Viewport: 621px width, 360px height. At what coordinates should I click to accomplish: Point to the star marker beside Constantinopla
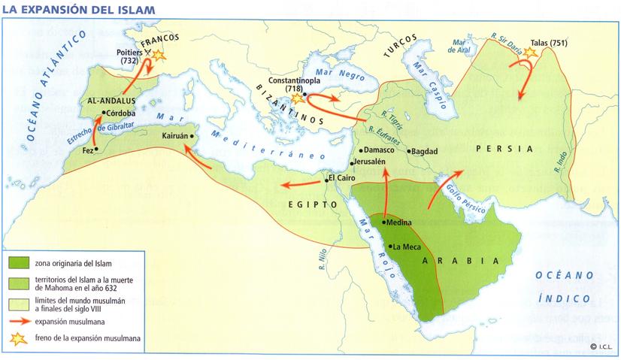(x=298, y=98)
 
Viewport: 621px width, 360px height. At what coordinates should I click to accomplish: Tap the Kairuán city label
(x=175, y=137)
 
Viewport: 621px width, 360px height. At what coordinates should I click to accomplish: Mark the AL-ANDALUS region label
(x=112, y=99)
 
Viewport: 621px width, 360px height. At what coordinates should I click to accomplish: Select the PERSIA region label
(x=504, y=148)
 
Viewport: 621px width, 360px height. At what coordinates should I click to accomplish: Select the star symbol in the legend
(x=19, y=338)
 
